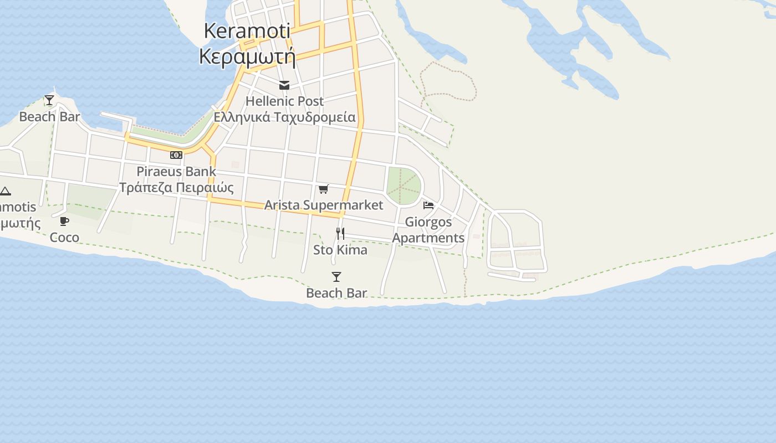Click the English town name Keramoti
(247, 31)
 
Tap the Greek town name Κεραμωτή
(247, 56)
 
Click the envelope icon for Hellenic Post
(284, 85)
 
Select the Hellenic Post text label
(284, 101)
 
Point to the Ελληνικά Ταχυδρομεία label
(284, 117)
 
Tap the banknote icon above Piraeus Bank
(176, 155)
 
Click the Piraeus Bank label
(176, 171)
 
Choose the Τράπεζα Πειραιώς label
(176, 187)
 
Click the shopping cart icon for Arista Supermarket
(324, 189)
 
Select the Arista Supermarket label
(324, 205)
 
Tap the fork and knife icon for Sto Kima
(340, 234)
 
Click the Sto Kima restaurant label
(340, 250)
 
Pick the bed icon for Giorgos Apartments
(428, 205)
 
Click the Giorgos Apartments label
(428, 230)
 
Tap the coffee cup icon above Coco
(64, 221)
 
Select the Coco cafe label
(64, 238)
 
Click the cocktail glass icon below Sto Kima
(336, 277)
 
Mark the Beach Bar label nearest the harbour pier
(49, 117)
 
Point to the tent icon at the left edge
(5, 192)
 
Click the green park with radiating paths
(404, 186)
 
